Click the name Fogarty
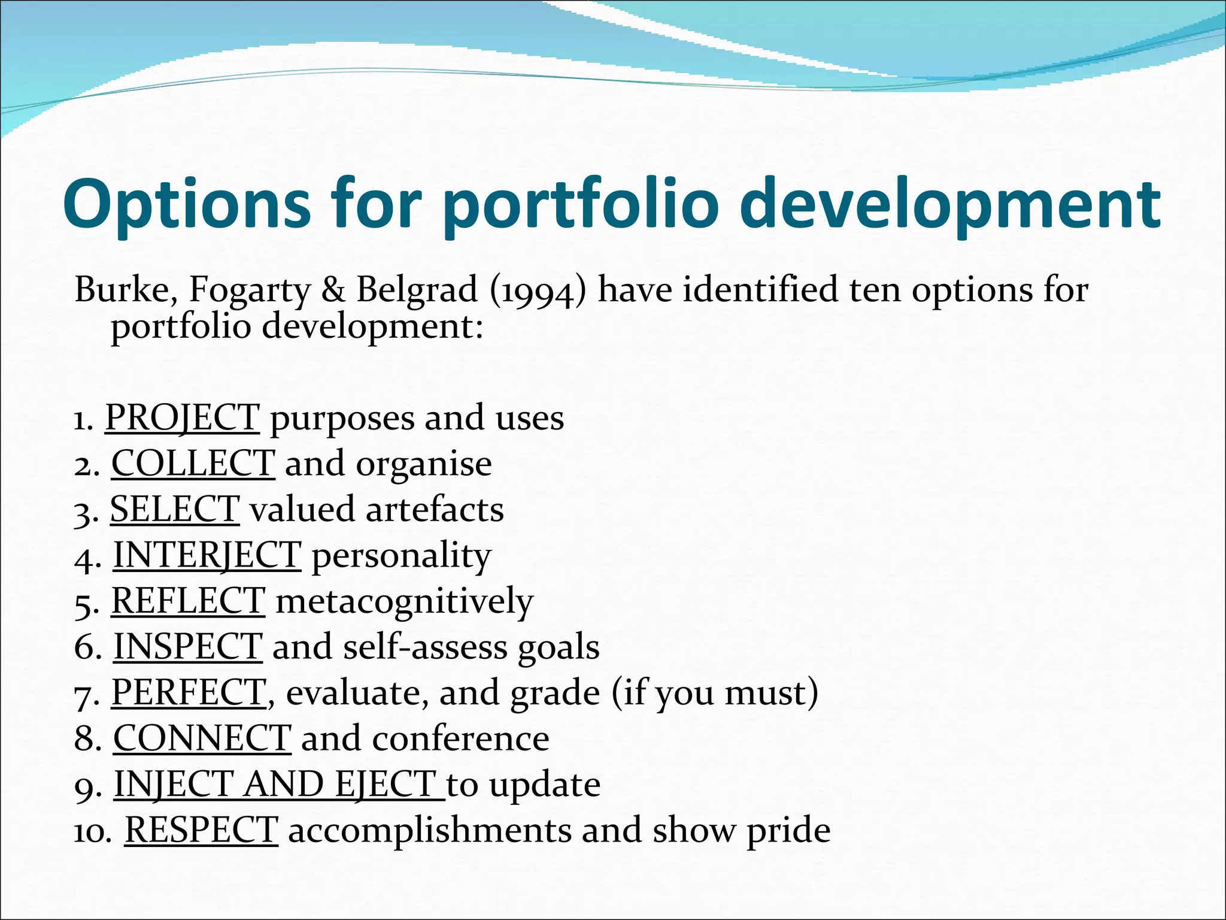pyautogui.click(x=250, y=290)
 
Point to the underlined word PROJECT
pyautogui.click(x=182, y=417)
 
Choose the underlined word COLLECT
pyautogui.click(x=193, y=464)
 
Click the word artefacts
pyautogui.click(x=435, y=510)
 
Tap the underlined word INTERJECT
pyautogui.click(x=207, y=555)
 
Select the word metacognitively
pyautogui.click(x=404, y=601)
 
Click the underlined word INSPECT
pyautogui.click(x=187, y=647)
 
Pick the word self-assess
pyautogui.click(x=425, y=647)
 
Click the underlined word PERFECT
pyautogui.click(x=189, y=693)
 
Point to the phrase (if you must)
pyautogui.click(x=715, y=693)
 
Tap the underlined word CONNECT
pyautogui.click(x=202, y=739)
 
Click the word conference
pyautogui.click(x=460, y=739)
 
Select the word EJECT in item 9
pyautogui.click(x=385, y=785)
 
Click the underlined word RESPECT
pyautogui.click(x=201, y=831)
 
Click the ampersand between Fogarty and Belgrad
pyautogui.click(x=333, y=290)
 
